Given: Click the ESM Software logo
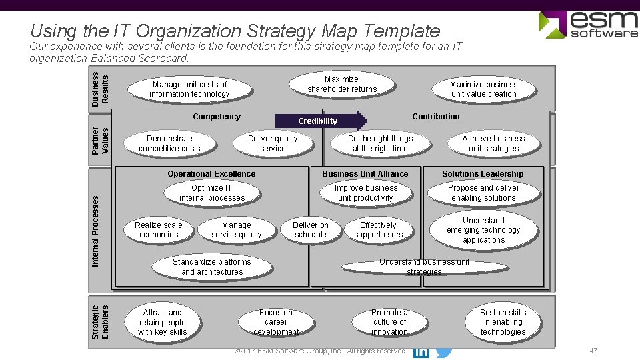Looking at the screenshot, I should (x=587, y=25).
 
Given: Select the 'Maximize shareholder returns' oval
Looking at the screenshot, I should (x=342, y=84).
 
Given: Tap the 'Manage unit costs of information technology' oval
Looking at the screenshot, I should (x=189, y=89).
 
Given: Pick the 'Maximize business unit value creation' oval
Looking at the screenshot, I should (x=483, y=89).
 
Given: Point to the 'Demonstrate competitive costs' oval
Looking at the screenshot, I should (x=169, y=143).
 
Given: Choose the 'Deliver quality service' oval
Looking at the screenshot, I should (x=273, y=143).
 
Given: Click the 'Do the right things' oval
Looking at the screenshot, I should (x=380, y=143).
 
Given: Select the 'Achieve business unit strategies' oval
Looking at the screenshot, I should (x=493, y=143).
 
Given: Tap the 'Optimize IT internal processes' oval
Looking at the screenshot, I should (x=212, y=193).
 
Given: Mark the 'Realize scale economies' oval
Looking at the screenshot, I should (x=159, y=230).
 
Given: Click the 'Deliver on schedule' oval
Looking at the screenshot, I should (x=311, y=230).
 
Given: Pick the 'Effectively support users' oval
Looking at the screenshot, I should (x=378, y=230).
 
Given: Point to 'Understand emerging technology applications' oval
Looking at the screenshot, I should (x=483, y=230).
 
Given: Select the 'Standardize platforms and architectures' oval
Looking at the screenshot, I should (x=212, y=267).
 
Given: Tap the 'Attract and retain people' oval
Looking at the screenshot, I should (x=163, y=322).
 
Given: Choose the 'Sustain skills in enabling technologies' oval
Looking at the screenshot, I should (x=503, y=322).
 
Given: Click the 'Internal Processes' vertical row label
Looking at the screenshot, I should (x=95, y=231).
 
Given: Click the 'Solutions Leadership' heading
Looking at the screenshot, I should (x=483, y=174).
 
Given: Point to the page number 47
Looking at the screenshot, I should (x=593, y=351).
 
